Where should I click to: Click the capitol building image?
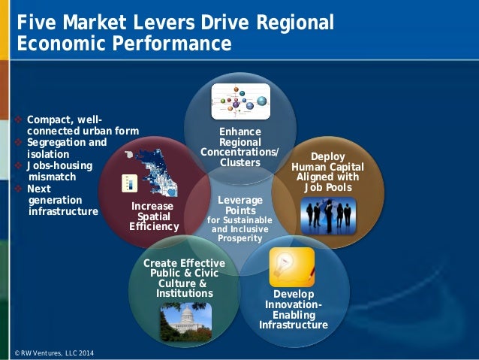185,321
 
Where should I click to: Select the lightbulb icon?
291,267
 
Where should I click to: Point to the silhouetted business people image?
327,215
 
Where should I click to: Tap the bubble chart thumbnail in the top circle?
239,102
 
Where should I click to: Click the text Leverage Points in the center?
239,205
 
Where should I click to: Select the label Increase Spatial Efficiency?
153,216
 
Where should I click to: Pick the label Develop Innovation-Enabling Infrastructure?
294,309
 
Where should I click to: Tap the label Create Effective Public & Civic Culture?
184,277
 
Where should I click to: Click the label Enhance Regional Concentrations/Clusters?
239,147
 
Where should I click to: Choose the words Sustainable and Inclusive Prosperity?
239,229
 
